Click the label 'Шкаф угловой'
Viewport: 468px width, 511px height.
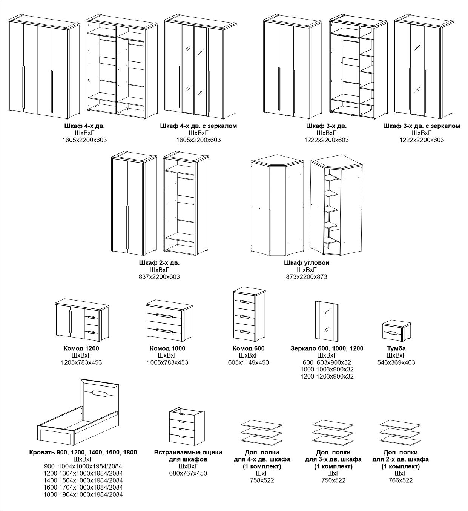coord(307,262)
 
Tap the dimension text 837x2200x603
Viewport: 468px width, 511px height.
coord(160,277)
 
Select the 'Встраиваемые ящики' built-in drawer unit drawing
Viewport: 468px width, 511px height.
coord(187,427)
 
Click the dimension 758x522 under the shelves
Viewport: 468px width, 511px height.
coord(262,480)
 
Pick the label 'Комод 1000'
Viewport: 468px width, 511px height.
coord(167,348)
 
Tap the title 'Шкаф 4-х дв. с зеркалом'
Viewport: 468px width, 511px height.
coord(198,126)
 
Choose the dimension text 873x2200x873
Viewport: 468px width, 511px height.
coord(307,277)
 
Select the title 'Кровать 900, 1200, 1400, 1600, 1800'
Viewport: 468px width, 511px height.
coord(83,452)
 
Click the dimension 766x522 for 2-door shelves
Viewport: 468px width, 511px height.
coord(400,480)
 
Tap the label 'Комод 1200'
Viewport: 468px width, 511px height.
coord(81,348)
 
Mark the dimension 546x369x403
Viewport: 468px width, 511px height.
coord(396,362)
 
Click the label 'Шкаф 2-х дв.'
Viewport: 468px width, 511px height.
coord(160,262)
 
